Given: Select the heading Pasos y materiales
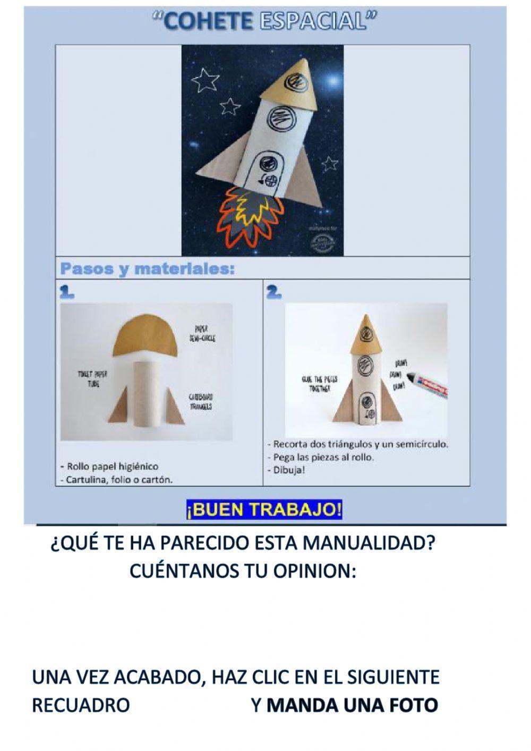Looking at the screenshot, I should click(147, 269).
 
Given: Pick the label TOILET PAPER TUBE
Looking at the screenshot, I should click(92, 378).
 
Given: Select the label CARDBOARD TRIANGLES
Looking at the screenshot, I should click(200, 402).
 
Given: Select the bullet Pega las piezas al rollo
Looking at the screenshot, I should click(323, 457).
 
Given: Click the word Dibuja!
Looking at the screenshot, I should click(289, 470).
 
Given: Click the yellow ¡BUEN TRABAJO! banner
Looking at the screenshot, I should click(264, 510).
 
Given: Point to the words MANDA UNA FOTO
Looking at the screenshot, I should click(352, 705).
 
